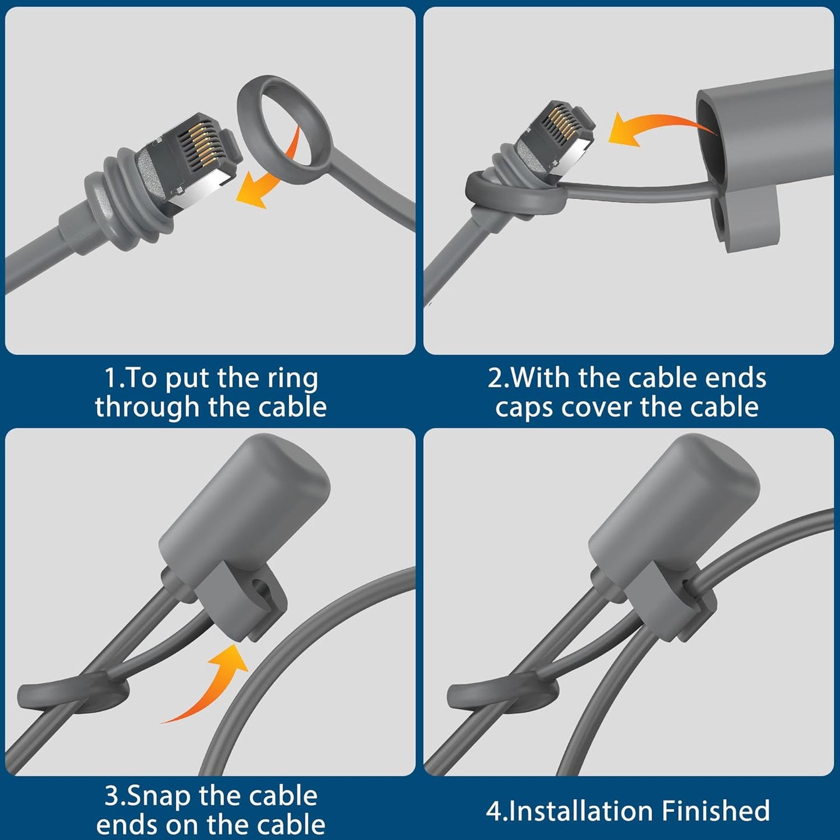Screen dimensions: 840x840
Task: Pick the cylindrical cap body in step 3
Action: [244, 506]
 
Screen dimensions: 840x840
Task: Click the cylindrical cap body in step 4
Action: [674, 506]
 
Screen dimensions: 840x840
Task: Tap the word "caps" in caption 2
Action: [524, 408]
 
